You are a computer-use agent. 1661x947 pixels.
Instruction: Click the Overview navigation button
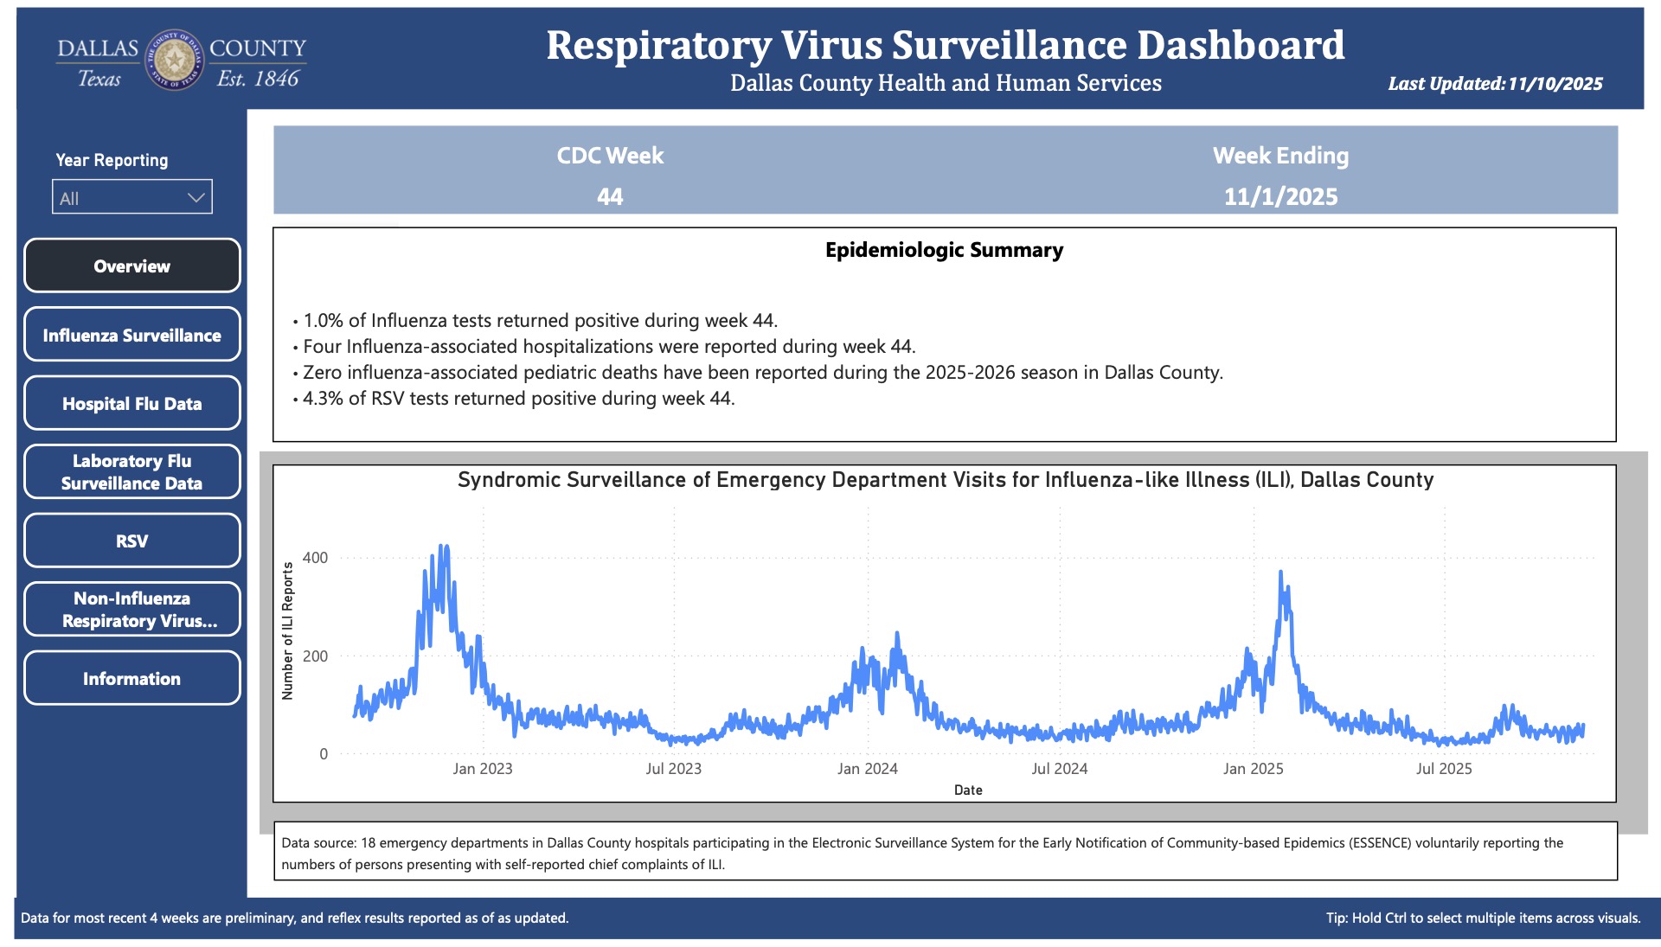point(131,266)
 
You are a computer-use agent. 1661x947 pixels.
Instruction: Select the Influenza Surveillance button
point(131,335)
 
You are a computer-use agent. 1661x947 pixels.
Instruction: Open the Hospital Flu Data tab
point(131,403)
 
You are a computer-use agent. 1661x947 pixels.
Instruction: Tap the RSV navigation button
point(131,541)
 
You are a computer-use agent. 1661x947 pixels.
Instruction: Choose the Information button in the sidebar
point(131,678)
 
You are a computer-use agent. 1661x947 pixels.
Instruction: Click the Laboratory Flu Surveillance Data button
point(131,471)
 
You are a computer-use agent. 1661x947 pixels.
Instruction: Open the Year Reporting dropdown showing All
point(131,197)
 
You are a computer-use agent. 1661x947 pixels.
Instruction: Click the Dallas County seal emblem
point(175,60)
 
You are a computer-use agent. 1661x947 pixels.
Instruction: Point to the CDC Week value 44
point(610,196)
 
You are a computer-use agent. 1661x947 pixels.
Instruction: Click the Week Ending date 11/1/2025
point(1280,196)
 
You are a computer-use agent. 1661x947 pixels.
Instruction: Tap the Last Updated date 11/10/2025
point(1555,84)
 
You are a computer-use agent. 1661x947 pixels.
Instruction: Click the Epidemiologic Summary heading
point(944,250)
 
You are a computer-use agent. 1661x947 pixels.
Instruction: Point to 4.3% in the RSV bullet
point(322,399)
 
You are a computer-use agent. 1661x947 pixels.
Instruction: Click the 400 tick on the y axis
point(315,558)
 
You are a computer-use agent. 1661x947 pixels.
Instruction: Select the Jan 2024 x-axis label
point(867,769)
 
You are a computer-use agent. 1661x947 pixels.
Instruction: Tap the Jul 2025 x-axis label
point(1443,769)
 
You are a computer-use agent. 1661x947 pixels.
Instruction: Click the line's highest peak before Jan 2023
point(444,547)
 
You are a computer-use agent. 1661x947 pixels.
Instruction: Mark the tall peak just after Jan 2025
point(1280,573)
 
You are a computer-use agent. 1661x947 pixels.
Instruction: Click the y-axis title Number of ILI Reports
point(288,630)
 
